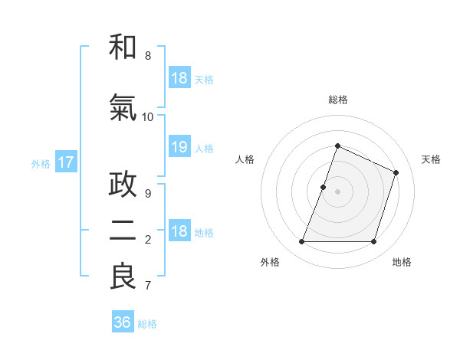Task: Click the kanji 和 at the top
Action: (123, 47)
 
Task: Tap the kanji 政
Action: (123, 185)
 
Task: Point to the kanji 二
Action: (123, 231)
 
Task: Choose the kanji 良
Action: (123, 277)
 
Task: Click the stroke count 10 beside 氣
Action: (148, 117)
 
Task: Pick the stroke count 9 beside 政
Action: (148, 194)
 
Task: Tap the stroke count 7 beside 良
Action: (148, 286)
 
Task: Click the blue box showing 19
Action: (179, 148)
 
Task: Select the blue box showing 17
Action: (65, 162)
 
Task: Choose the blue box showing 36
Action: (123, 322)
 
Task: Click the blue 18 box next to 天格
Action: (179, 78)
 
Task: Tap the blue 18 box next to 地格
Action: (179, 232)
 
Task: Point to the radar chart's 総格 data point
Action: (337, 146)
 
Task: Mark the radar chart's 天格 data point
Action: (396, 172)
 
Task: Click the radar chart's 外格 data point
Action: (301, 242)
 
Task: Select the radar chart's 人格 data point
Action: (324, 187)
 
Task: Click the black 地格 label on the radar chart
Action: (402, 263)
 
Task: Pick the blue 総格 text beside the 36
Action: (148, 324)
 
